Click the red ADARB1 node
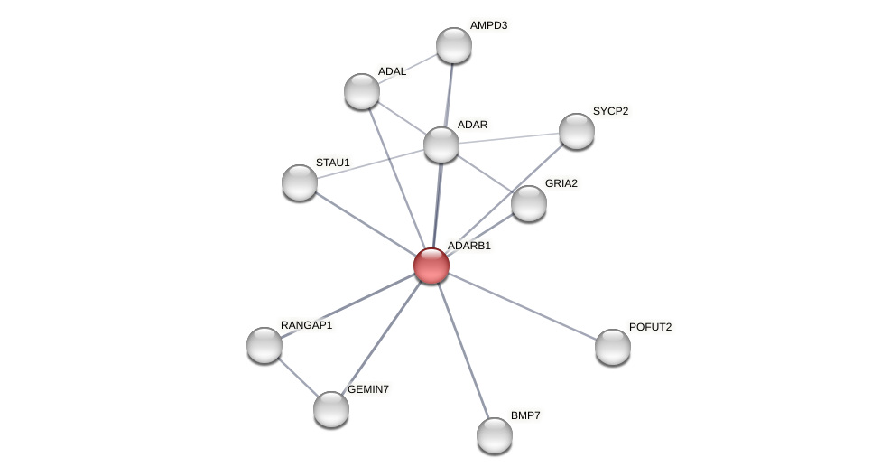point(431,266)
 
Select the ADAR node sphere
point(441,145)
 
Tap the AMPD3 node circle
point(454,45)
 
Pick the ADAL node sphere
point(362,91)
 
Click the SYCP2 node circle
point(577,131)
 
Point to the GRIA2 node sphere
point(529,203)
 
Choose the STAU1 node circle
point(300,182)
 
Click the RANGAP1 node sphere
point(264,345)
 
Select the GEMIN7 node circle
point(331,409)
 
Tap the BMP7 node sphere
point(495,435)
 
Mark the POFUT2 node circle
point(613,347)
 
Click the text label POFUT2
point(650,327)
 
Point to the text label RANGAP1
point(306,325)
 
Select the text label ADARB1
point(469,246)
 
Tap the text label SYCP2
point(610,111)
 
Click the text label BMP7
point(525,415)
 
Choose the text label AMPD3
point(488,25)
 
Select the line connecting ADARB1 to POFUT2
point(522,306)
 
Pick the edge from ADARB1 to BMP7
point(463,350)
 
